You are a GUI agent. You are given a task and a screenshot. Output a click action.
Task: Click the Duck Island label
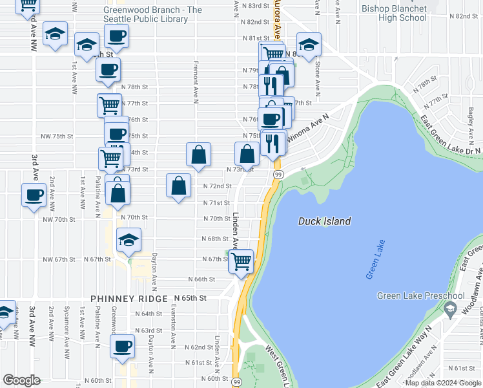click(324, 221)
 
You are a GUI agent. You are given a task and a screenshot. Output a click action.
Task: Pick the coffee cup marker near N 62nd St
click(121, 347)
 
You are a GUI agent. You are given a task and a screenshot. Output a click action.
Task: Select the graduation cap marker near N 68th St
click(128, 241)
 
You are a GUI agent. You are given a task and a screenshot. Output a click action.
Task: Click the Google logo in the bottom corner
click(21, 380)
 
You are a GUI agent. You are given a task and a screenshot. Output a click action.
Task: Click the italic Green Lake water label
click(375, 260)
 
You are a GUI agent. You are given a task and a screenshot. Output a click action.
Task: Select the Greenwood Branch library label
click(152, 14)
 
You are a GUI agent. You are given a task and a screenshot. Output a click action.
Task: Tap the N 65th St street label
click(190, 298)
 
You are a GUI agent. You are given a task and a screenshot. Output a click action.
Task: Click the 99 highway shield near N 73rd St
click(278, 175)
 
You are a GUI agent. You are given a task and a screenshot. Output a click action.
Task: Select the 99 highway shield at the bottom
click(236, 383)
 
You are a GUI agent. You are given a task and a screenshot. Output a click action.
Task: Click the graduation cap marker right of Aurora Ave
click(309, 45)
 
